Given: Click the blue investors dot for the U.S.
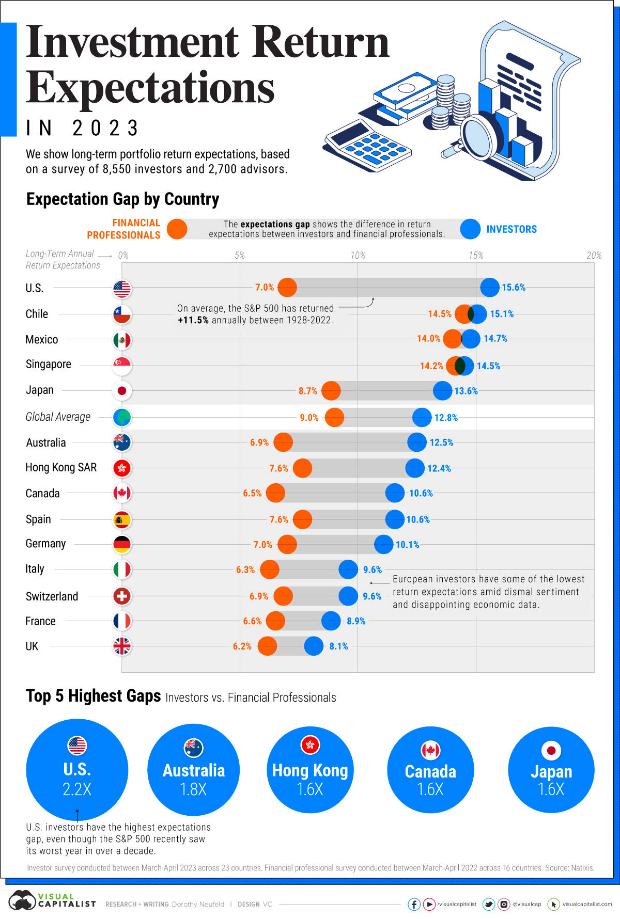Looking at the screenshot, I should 490,288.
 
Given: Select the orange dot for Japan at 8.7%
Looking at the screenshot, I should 331,391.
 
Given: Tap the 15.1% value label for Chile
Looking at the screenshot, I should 502,314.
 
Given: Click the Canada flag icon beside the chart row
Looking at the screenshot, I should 122,493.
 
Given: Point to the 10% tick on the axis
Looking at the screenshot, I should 358,256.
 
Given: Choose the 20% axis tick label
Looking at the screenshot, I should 594,256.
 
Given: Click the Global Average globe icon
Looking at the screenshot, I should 122,417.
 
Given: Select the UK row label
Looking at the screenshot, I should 32,646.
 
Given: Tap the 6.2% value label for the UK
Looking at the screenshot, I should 242,646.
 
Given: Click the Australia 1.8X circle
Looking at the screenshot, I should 193,769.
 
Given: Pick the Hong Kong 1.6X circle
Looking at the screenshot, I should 310,769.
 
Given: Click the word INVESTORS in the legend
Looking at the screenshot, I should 512,229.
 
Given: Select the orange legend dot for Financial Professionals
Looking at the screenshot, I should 177,229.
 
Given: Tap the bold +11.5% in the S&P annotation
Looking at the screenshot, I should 193,320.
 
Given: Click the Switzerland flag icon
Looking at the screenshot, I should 122,596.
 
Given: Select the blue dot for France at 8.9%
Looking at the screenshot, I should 331,621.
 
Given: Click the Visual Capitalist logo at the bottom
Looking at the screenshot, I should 52,900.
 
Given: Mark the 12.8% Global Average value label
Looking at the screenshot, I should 446,418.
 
